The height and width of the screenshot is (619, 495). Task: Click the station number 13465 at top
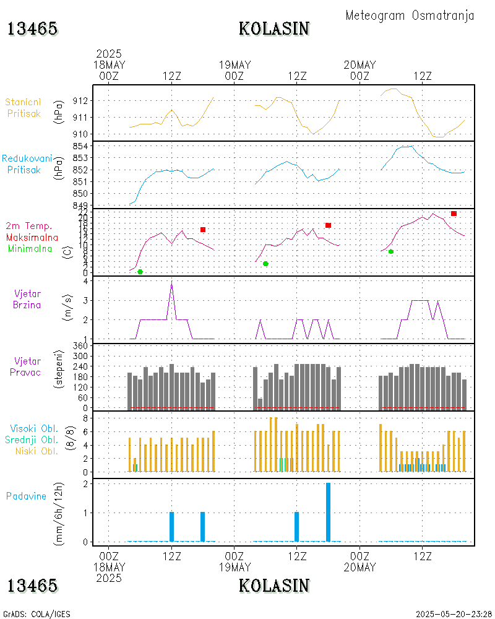[x=32, y=28]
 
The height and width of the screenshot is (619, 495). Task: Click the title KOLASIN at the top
[x=274, y=28]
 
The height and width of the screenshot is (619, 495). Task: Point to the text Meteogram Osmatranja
[x=410, y=15]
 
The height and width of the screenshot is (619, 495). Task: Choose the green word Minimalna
[x=30, y=249]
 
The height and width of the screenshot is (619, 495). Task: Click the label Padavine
[x=26, y=496]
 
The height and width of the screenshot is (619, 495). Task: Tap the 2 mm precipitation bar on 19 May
[x=328, y=512]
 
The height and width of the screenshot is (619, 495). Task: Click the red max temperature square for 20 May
[x=454, y=214]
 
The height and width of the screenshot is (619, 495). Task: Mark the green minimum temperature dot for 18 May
[x=140, y=272]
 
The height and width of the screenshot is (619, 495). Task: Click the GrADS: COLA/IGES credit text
[x=37, y=614]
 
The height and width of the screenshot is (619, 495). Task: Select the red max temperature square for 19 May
[x=328, y=225]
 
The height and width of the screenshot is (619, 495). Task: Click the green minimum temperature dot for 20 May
[x=391, y=251]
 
